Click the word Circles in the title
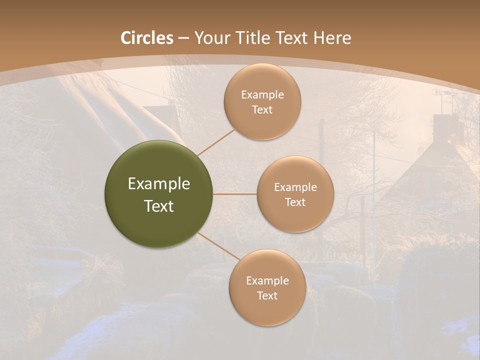(147, 38)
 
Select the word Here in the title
(331, 38)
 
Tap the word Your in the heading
(209, 38)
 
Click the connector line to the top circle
(216, 142)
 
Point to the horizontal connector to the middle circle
(235, 194)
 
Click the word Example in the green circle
(159, 184)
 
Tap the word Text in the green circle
(159, 206)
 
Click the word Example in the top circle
(262, 94)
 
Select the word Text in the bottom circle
(267, 295)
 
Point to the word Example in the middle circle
(295, 187)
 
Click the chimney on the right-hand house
(441, 125)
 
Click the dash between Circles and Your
(183, 38)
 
